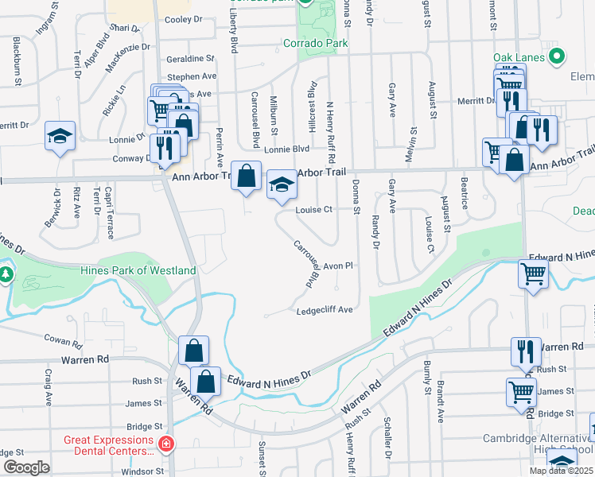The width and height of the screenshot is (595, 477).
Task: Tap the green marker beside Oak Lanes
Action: pyautogui.click(x=558, y=57)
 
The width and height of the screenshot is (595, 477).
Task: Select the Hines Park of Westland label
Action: pyautogui.click(x=138, y=270)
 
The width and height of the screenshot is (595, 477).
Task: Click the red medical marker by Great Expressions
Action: pyautogui.click(x=166, y=444)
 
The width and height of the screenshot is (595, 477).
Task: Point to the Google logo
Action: pyautogui.click(x=26, y=467)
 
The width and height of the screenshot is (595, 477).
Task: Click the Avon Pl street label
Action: pyautogui.click(x=337, y=266)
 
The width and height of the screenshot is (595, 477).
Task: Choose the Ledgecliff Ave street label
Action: pyautogui.click(x=324, y=310)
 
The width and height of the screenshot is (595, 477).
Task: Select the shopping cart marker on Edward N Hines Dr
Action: pyautogui.click(x=533, y=274)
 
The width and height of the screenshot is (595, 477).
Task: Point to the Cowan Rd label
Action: pyautogui.click(x=64, y=343)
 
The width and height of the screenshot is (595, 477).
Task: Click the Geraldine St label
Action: pyautogui.click(x=191, y=59)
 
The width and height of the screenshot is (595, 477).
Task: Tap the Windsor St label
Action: pyautogui.click(x=144, y=471)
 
